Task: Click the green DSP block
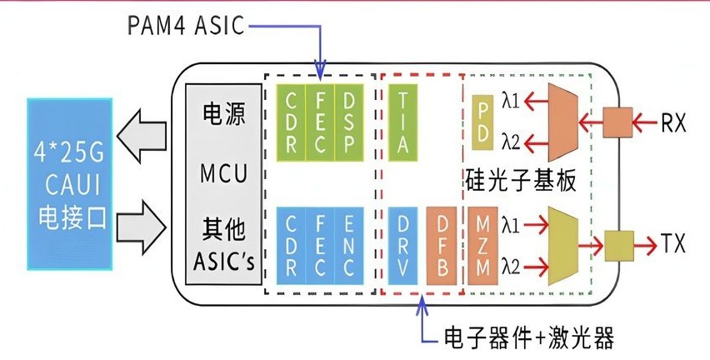pyautogui.click(x=349, y=122)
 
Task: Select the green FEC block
pyautogui.click(x=320, y=122)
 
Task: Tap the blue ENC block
pyautogui.click(x=348, y=246)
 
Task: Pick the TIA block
pyautogui.click(x=403, y=122)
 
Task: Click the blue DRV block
pyautogui.click(x=403, y=246)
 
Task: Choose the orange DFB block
pyautogui.click(x=442, y=246)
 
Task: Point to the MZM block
pyautogui.click(x=482, y=246)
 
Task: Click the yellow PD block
pyautogui.click(x=482, y=122)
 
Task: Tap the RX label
pyautogui.click(x=674, y=122)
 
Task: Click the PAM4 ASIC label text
pyautogui.click(x=186, y=26)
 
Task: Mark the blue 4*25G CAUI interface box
pyautogui.click(x=70, y=184)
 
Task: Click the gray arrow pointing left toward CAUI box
pyautogui.click(x=142, y=135)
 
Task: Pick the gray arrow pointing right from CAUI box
pyautogui.click(x=142, y=227)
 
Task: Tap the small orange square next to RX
pyautogui.click(x=617, y=122)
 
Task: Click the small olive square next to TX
pyautogui.click(x=619, y=246)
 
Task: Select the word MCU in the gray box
pyautogui.click(x=224, y=173)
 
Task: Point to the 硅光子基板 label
pyautogui.click(x=521, y=181)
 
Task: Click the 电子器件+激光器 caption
pyautogui.click(x=529, y=337)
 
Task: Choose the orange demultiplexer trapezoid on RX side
pyautogui.click(x=563, y=122)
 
